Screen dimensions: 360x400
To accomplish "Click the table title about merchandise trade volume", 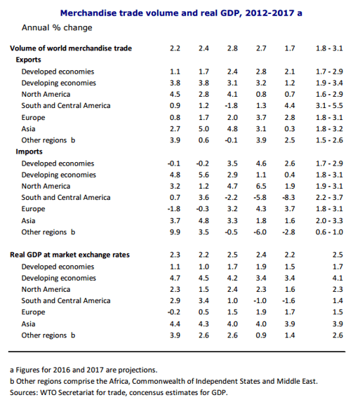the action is (x=181, y=13).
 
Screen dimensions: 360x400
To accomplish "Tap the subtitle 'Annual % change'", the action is (x=57, y=27).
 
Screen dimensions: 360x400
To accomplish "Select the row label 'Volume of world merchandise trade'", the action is (x=71, y=48).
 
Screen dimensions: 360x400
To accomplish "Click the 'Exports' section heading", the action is (x=28, y=60).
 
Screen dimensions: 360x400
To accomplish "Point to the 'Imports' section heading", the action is (x=29, y=152).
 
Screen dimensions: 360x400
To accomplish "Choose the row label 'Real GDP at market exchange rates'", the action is (x=69, y=255).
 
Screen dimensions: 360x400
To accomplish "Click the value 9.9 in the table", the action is (x=175, y=232).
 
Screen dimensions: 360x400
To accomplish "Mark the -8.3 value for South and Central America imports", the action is (x=289, y=197).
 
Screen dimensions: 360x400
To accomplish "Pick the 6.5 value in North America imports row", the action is (x=261, y=186).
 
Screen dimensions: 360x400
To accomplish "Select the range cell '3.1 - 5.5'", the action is (x=329, y=105).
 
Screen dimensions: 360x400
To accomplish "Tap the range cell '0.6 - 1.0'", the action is (x=329, y=232).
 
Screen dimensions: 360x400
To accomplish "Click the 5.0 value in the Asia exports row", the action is (x=204, y=129).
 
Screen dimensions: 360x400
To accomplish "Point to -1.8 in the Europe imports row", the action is (x=174, y=209).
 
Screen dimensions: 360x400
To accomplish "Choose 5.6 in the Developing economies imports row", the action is (x=204, y=175).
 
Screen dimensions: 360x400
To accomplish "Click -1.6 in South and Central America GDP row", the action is (x=289, y=301).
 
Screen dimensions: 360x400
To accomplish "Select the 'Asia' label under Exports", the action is (x=28, y=129).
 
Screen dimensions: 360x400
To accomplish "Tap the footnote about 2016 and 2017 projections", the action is (x=84, y=370).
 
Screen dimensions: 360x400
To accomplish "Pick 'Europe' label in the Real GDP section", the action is (x=33, y=312).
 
